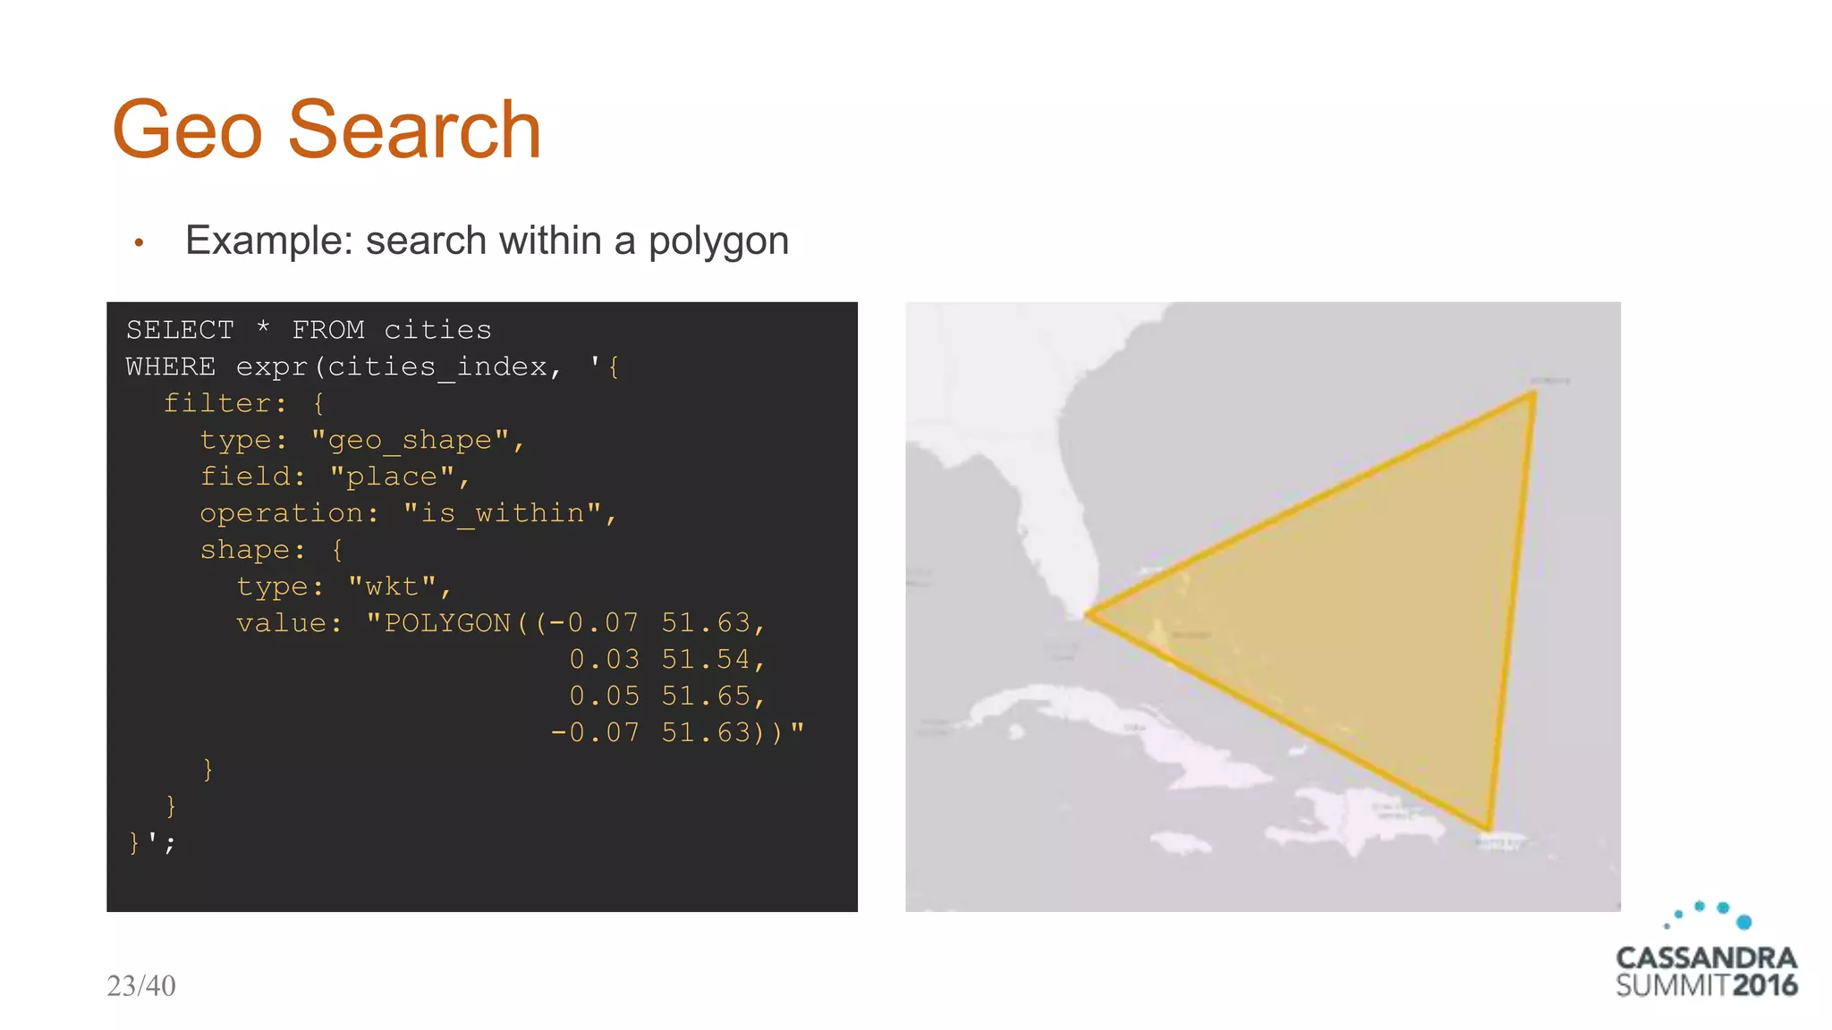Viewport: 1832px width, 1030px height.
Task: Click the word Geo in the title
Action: pyautogui.click(x=187, y=131)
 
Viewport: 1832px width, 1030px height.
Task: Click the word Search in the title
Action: pyautogui.click(x=414, y=131)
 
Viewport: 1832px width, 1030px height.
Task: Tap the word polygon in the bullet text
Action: pyautogui.click(x=718, y=241)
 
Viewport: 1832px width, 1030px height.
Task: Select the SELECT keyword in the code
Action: pyautogui.click(x=180, y=330)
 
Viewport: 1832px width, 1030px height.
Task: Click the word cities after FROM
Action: pyautogui.click(x=437, y=330)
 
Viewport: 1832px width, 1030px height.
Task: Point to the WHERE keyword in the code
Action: pyautogui.click(x=171, y=367)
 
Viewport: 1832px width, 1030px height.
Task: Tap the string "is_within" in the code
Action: pyautogui.click(x=502, y=513)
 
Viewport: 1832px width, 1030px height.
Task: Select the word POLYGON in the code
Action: pyautogui.click(x=447, y=623)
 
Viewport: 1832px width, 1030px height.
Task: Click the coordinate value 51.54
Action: pyautogui.click(x=706, y=660)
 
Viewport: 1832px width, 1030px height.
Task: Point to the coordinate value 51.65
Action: pyautogui.click(x=706, y=697)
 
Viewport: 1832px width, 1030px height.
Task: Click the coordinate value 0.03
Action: pyautogui.click(x=605, y=660)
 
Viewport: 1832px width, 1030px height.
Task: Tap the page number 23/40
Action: pyautogui.click(x=141, y=985)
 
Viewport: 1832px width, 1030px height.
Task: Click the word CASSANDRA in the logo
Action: pyautogui.click(x=1706, y=958)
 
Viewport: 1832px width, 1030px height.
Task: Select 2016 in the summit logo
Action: pyautogui.click(x=1765, y=986)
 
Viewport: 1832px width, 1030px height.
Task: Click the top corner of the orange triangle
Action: pyautogui.click(x=1534, y=393)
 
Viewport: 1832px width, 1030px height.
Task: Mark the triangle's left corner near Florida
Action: pyautogui.click(x=1088, y=614)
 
